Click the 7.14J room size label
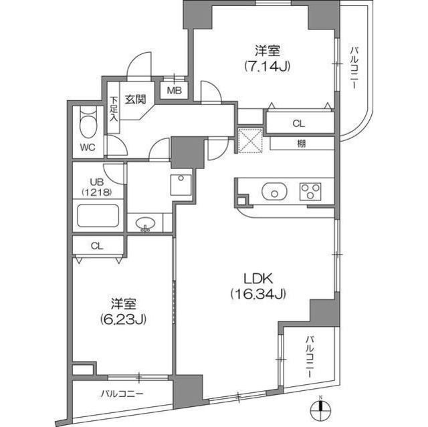267,67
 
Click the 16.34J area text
259,293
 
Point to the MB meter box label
174,90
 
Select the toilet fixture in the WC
87,122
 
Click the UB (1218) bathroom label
93,186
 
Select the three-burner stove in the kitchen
310,192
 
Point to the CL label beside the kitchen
298,124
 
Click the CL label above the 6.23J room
98,246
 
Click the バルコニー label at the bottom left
122,394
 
